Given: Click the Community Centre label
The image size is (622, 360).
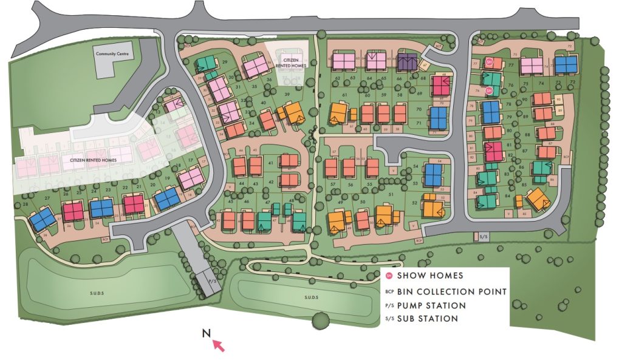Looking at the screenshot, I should coord(109,53).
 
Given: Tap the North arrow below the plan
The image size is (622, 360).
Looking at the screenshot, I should coord(217,345).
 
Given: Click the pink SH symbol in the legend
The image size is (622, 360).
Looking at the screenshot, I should coord(389,276).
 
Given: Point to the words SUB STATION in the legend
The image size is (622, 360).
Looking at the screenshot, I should coord(427,319).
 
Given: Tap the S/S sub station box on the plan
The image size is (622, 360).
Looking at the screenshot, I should coord(483,236).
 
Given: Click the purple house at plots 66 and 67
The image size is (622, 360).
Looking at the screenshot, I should coord(408,61).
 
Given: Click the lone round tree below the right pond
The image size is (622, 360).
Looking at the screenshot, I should coord(319,320).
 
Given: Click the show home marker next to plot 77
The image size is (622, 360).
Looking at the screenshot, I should coord(489,62).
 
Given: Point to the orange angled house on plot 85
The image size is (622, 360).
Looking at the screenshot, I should coord(537,197).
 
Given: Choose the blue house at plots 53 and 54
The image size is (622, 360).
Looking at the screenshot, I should coord(433,174).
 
